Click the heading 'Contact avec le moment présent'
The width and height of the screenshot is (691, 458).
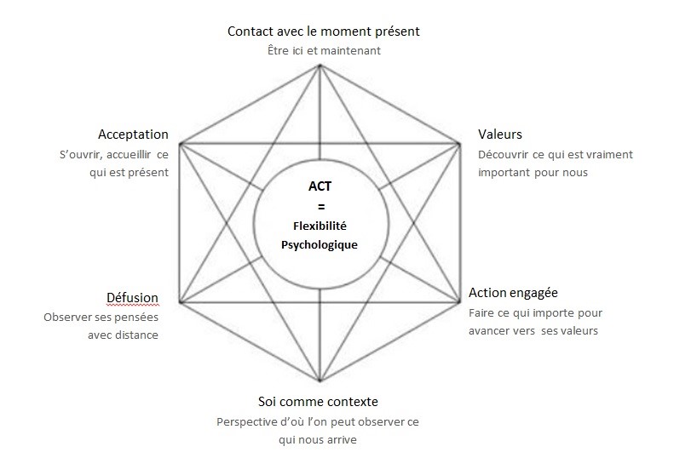click(x=324, y=31)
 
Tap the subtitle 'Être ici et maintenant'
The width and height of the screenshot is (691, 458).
click(x=324, y=50)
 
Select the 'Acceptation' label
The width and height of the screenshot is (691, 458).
click(x=133, y=135)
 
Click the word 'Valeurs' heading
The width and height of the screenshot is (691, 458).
click(x=500, y=135)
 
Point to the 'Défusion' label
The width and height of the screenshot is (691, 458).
click(x=132, y=298)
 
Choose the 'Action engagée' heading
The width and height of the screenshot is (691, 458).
click(x=513, y=293)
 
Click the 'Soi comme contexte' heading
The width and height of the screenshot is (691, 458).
click(x=318, y=402)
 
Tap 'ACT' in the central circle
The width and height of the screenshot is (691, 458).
click(x=320, y=186)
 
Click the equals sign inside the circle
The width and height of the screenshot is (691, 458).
click(x=321, y=207)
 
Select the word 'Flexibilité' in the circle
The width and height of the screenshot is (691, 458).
click(x=320, y=226)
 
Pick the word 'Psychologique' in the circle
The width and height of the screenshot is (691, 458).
click(x=320, y=245)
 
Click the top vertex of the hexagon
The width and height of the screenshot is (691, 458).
click(x=320, y=66)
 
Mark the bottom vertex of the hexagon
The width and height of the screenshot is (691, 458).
click(x=320, y=380)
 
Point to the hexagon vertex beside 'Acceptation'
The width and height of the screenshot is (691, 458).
click(x=181, y=144)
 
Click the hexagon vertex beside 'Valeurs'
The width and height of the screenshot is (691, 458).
click(x=459, y=144)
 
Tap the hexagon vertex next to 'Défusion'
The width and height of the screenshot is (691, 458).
click(x=181, y=301)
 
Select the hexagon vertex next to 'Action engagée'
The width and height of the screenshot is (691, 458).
click(x=459, y=301)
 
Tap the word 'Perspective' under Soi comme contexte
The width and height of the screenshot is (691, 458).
click(x=247, y=422)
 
